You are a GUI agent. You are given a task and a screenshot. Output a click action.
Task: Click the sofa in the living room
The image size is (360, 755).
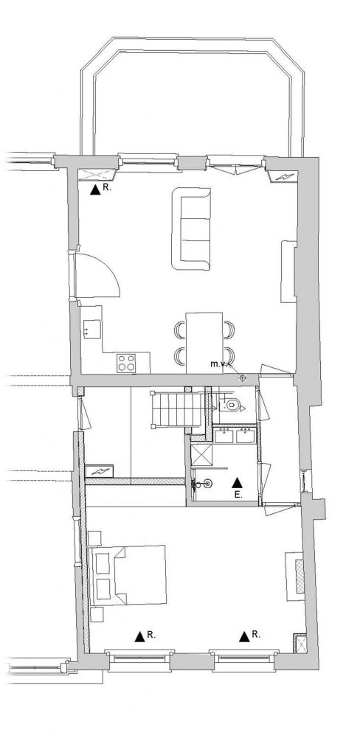(191, 229)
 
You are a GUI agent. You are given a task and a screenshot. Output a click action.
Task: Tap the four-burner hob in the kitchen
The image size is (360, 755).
(127, 363)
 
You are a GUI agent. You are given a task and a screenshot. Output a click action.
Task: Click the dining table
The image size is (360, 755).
(204, 343)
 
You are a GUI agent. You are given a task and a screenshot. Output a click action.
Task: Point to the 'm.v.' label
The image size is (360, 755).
(218, 364)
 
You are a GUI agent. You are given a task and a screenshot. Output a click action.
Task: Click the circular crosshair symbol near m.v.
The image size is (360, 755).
(243, 378)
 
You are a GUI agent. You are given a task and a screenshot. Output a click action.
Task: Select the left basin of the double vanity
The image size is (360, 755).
(223, 435)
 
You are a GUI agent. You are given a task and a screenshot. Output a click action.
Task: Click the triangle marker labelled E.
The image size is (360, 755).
(237, 482)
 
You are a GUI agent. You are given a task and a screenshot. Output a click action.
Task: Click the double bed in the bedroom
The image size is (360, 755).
(128, 575)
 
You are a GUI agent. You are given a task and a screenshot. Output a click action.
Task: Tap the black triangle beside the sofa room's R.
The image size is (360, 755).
(95, 189)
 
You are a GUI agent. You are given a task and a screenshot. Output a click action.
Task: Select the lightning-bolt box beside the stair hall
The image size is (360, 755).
(99, 471)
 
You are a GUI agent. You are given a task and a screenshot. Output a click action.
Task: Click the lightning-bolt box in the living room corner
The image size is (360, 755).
(285, 177)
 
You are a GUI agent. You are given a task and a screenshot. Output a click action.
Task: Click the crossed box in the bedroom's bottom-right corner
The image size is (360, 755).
(300, 642)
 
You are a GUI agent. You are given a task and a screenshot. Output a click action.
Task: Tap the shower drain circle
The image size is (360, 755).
(207, 482)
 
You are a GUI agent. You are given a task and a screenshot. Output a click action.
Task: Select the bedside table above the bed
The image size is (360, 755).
(95, 537)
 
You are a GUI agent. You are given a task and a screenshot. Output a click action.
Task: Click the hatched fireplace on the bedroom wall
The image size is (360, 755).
(299, 576)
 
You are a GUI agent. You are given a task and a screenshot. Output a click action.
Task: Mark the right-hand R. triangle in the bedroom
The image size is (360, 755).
(244, 636)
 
